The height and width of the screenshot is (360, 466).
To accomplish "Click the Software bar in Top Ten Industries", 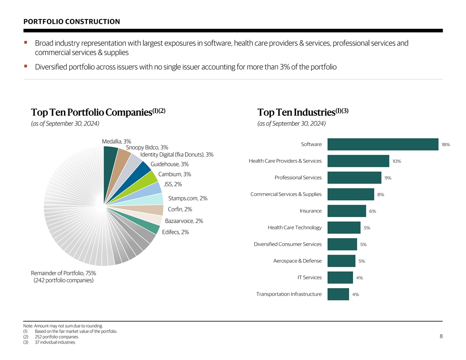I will [383, 144].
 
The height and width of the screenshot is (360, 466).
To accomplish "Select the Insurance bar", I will [346, 211].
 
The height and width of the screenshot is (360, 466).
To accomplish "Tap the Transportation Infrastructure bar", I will [338, 294].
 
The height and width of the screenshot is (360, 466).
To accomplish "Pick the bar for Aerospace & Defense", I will [341, 261].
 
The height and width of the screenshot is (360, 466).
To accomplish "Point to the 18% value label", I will [445, 145].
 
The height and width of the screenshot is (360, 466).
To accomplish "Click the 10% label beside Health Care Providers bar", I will [396, 161].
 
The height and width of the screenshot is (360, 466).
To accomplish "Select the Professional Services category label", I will [298, 177].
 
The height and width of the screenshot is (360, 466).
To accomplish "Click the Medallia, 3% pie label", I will [116, 141].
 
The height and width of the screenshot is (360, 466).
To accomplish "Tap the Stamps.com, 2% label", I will [188, 198].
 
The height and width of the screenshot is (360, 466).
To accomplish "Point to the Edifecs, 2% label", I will [175, 232].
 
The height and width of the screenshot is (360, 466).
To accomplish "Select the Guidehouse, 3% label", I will [169, 164].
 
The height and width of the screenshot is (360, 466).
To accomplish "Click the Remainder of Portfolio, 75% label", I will [63, 273].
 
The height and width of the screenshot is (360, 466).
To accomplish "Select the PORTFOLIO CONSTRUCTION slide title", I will [71, 22].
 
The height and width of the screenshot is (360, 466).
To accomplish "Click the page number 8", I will [441, 336].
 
